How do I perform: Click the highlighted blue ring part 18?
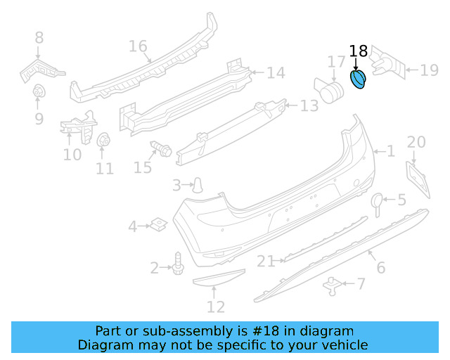click(x=359, y=80)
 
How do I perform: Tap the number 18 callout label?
click(x=359, y=51)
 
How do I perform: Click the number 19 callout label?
click(x=429, y=70)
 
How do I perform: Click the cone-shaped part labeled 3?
click(x=199, y=185)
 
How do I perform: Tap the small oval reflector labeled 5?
click(x=377, y=202)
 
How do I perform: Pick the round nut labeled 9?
click(x=39, y=92)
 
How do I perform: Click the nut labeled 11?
click(x=103, y=141)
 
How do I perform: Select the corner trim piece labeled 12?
click(x=218, y=280)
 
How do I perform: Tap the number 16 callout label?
click(x=138, y=47)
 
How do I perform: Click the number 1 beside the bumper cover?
click(x=390, y=151)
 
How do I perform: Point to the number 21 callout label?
click(x=265, y=262)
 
